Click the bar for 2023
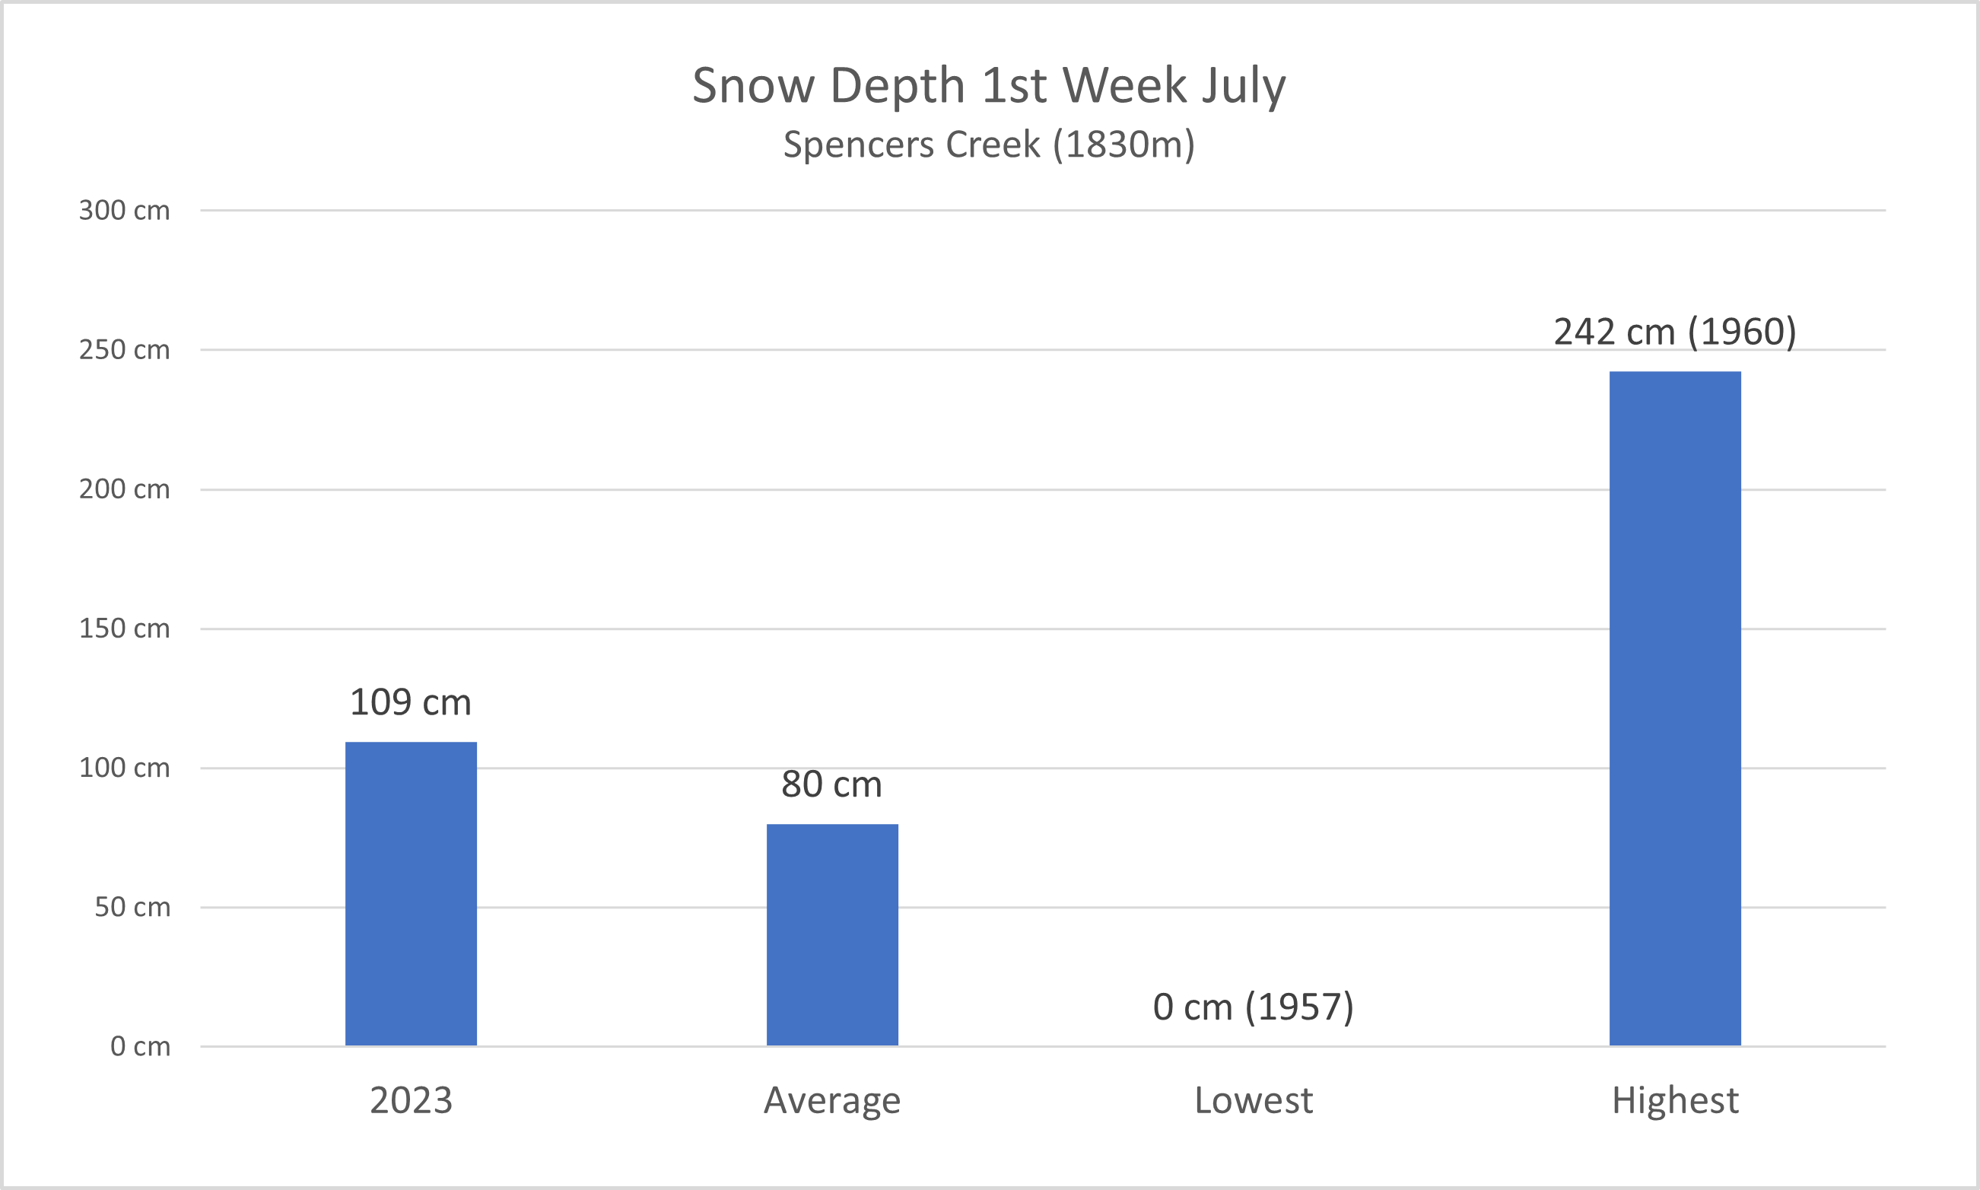coord(411,893)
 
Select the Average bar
coord(832,934)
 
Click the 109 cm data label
coord(411,702)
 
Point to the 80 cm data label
coord(831,784)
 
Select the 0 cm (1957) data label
coord(1253,1007)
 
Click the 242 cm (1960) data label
coord(1674,332)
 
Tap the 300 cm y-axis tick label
coord(124,211)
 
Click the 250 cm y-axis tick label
coord(124,351)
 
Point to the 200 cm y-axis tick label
coord(124,489)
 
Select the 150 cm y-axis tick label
coord(124,628)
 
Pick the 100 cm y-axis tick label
coord(124,768)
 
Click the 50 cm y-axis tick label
coord(132,907)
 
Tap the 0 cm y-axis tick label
coord(140,1046)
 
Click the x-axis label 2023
coord(411,1100)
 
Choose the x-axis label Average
coord(832,1100)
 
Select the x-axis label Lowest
coord(1253,1100)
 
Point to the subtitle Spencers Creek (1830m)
coord(988,145)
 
